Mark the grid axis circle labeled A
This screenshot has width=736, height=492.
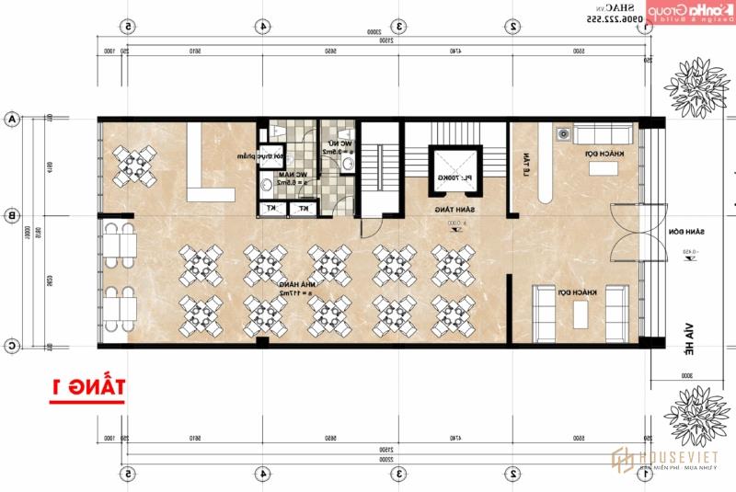13,120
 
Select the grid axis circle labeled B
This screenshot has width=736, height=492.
13,216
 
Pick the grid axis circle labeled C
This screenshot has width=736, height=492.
13,346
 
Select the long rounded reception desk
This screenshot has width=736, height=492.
543,163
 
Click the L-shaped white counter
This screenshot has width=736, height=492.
212,163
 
